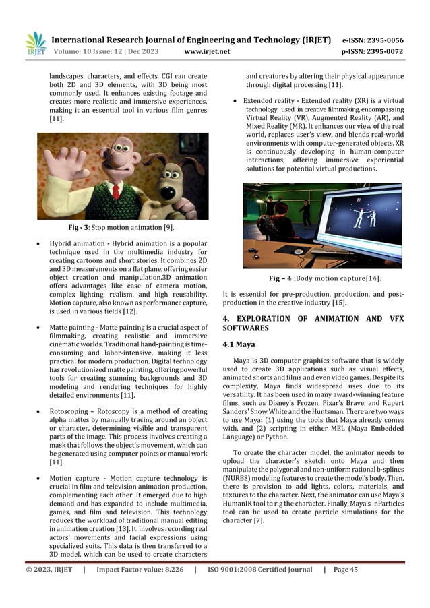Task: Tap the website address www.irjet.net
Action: coord(207,51)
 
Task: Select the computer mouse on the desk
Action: coord(297,252)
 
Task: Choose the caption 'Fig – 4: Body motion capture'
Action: coord(321,278)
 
